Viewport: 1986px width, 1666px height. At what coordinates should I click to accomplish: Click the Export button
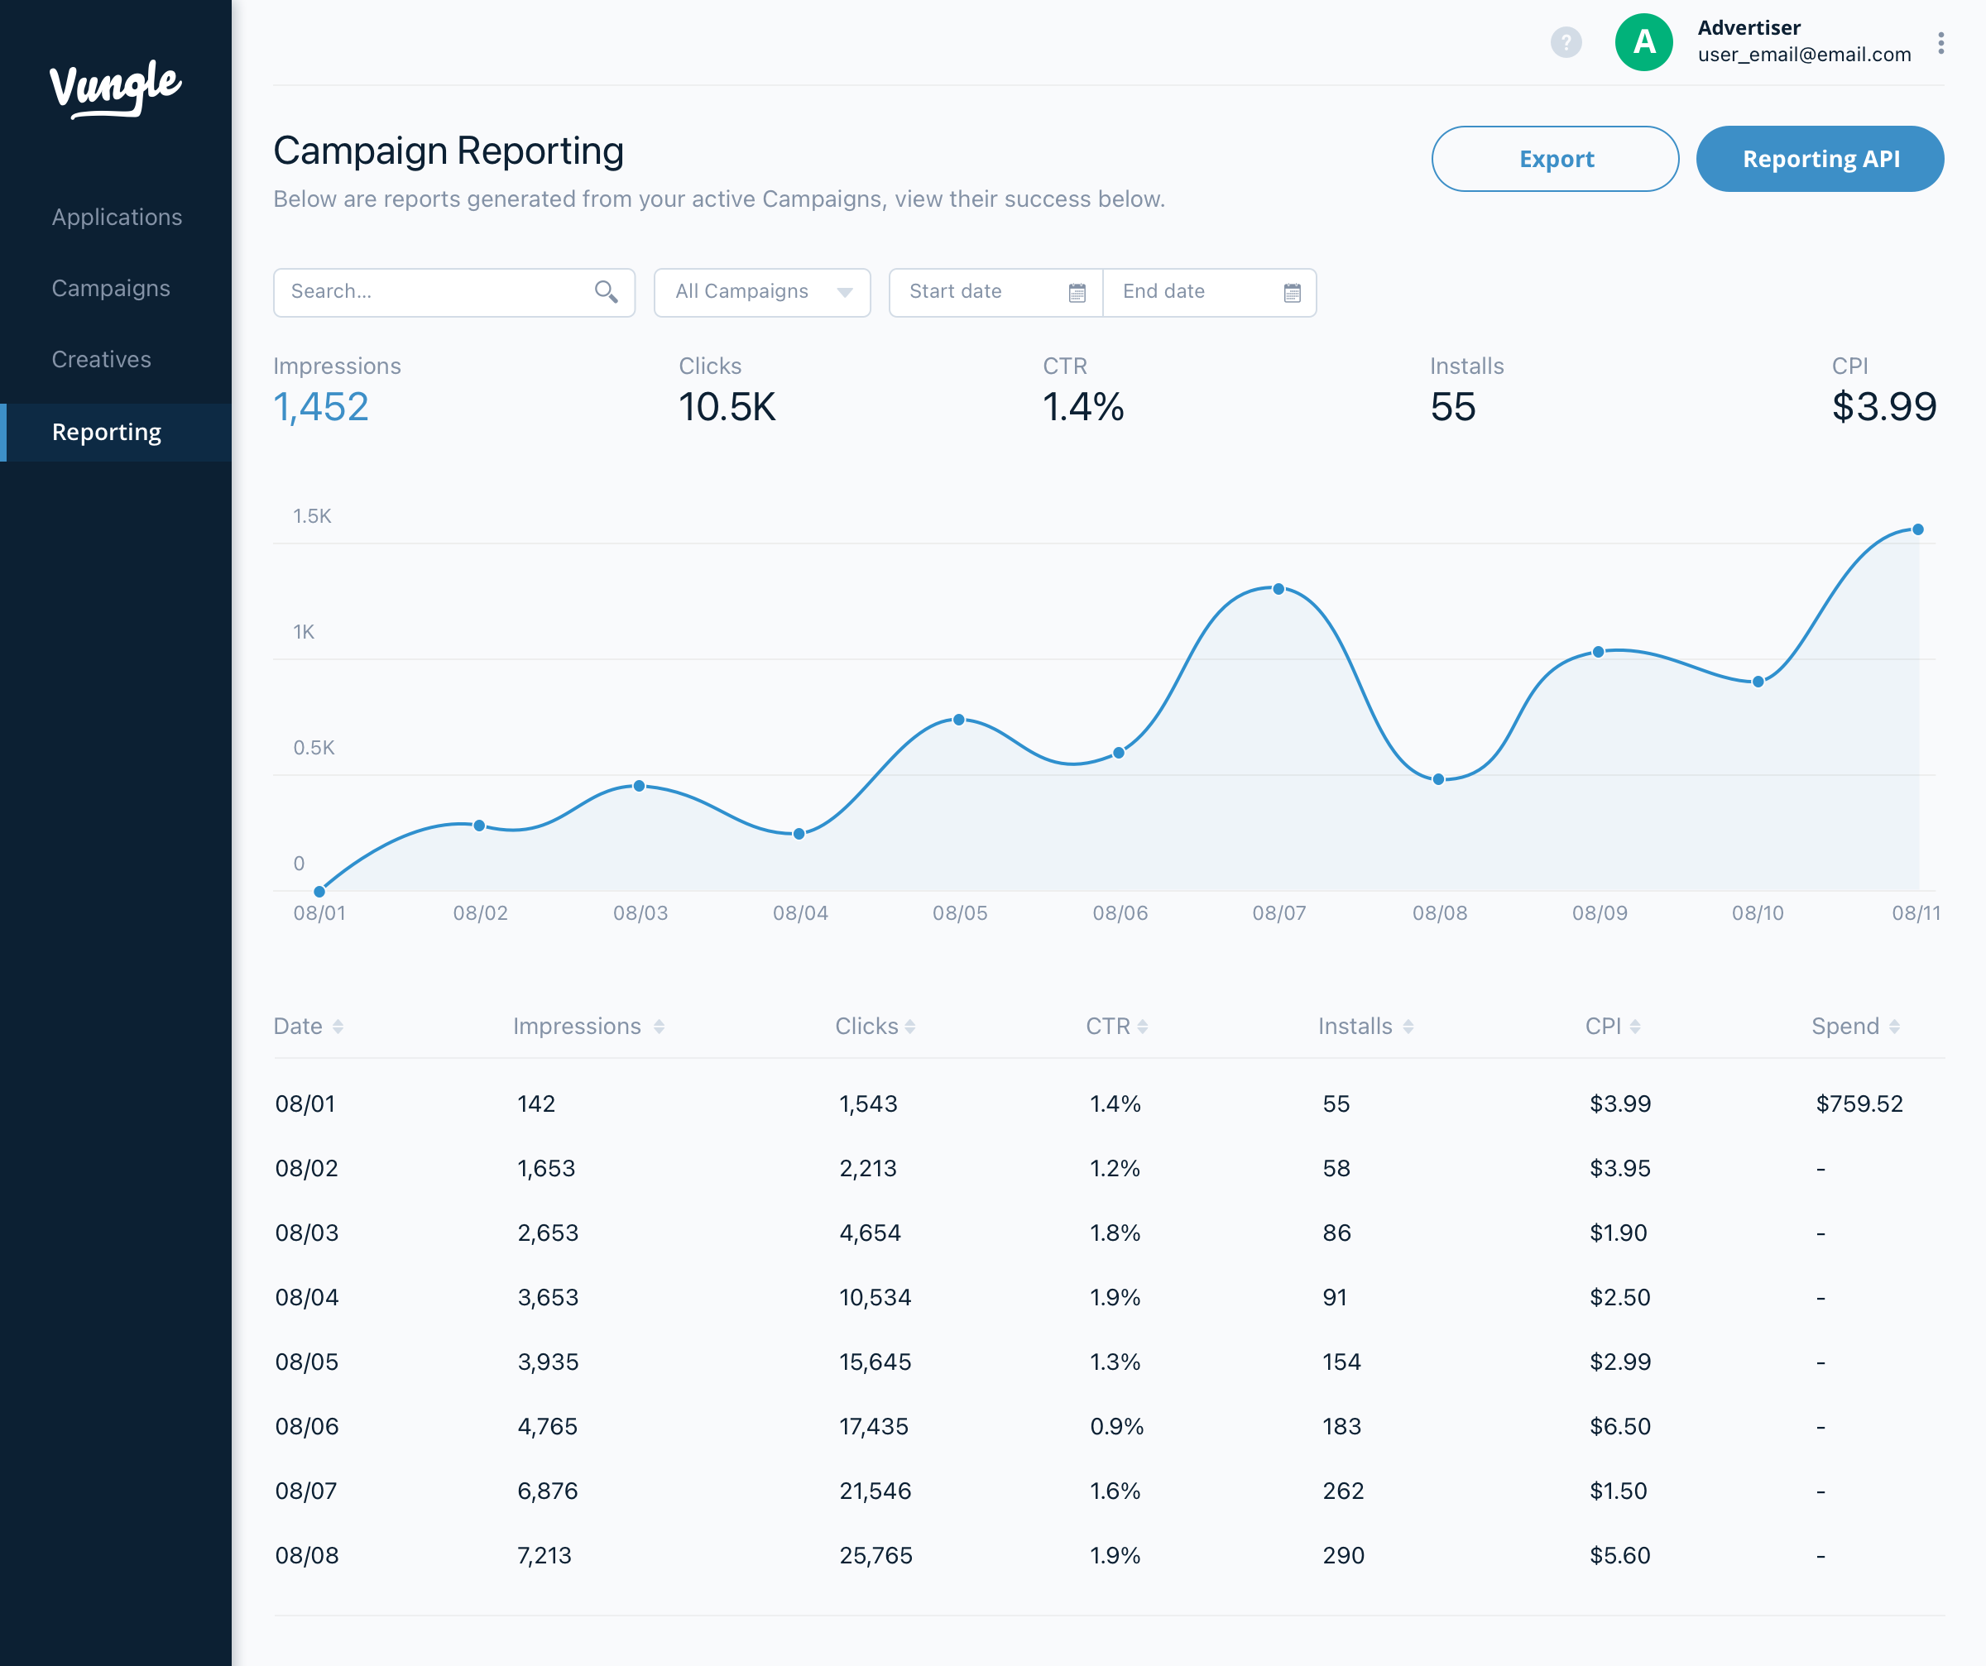(x=1555, y=159)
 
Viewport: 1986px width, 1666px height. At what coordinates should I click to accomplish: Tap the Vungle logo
(x=115, y=89)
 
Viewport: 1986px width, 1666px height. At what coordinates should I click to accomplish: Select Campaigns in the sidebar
(x=111, y=289)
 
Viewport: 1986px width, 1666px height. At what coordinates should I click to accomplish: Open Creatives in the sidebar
(x=101, y=359)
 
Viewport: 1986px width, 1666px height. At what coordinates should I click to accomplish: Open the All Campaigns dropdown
(x=762, y=292)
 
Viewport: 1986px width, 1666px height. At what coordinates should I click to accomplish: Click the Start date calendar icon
(x=1077, y=293)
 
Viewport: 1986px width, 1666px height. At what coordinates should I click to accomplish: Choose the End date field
(x=1210, y=292)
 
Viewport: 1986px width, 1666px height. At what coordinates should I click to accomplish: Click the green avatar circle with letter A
(x=1643, y=42)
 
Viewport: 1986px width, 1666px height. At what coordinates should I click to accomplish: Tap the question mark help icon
(x=1566, y=42)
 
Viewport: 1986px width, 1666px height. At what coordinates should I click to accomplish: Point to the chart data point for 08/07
(x=1278, y=589)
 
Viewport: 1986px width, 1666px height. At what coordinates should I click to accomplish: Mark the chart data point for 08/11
(x=1918, y=529)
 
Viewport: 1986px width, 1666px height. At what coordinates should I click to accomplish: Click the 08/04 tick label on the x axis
(x=800, y=913)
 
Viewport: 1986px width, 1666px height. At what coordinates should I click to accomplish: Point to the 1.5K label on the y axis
(x=312, y=516)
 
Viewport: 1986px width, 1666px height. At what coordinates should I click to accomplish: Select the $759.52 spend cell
(x=1859, y=1103)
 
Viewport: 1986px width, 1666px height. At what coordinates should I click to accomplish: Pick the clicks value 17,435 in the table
(x=874, y=1426)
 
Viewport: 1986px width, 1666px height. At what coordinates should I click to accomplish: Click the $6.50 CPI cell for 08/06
(x=1620, y=1426)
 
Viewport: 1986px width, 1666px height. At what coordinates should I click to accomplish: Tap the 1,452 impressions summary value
(x=320, y=408)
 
